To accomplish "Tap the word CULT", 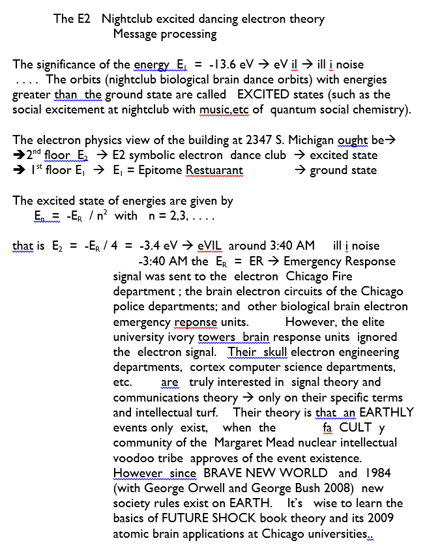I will click(355, 428).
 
